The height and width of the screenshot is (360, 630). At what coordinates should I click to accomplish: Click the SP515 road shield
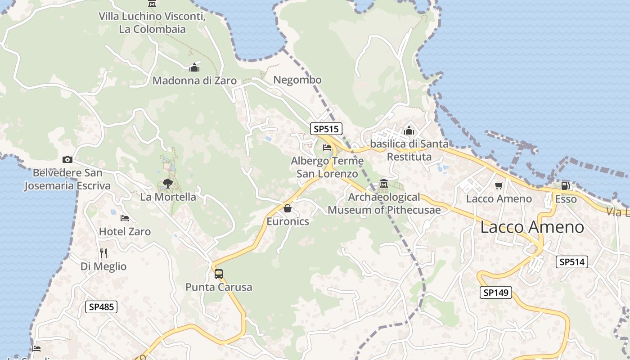326,129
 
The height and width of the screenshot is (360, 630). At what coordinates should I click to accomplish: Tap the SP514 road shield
572,262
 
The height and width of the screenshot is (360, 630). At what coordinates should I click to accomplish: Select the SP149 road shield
495,292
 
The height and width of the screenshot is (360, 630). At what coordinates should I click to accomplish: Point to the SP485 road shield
101,307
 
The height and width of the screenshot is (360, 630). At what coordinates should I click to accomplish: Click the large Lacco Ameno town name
532,227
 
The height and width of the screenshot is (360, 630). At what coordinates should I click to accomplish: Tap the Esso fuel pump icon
566,185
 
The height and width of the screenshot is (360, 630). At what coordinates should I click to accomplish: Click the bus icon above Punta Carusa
219,274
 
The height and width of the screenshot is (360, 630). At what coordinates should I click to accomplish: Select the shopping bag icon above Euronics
288,208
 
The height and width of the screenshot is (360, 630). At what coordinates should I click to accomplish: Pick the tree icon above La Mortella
168,184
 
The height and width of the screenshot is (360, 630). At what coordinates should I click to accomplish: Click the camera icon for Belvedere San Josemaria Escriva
67,159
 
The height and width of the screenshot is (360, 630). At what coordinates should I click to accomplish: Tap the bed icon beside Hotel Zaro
125,218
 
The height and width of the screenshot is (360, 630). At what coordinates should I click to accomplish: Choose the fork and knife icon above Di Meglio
103,253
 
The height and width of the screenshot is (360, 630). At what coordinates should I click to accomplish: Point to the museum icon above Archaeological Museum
384,184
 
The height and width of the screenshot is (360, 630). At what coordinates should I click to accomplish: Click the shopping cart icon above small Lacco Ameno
499,185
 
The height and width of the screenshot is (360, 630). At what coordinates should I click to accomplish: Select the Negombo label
297,80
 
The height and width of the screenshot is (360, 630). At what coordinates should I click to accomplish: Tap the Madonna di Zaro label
194,81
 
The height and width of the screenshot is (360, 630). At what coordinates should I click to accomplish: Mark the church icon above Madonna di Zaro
194,67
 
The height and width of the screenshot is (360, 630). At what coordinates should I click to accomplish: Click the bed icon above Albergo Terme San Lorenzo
327,147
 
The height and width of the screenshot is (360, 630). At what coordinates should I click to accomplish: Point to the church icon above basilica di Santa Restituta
409,130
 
